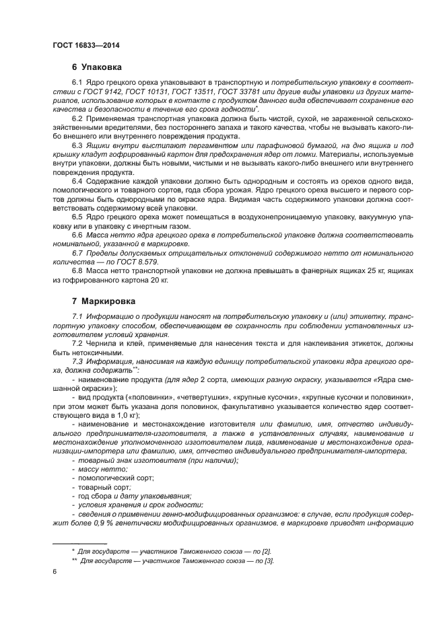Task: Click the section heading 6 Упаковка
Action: coord(96,68)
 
